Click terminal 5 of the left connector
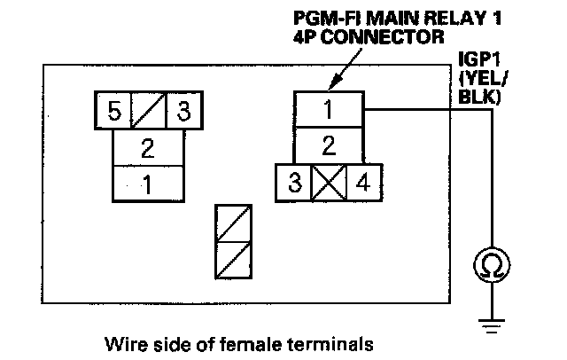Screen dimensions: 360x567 [x=113, y=112]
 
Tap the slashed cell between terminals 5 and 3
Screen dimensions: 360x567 [x=149, y=112]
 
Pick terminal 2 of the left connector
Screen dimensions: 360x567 [x=148, y=146]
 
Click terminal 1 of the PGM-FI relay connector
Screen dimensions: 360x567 [x=329, y=110]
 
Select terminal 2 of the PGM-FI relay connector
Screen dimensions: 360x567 [x=329, y=145]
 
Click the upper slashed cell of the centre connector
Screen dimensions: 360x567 [x=234, y=223]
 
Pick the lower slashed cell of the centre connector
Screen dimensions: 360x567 [x=234, y=260]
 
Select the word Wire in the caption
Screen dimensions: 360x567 [x=123, y=341]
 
